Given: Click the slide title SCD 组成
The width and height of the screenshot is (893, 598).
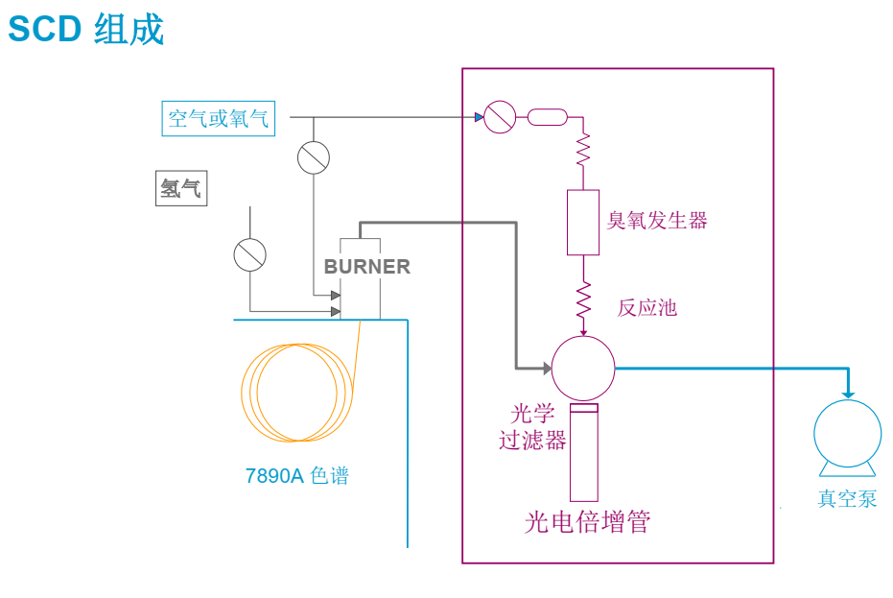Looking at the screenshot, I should point(86,30).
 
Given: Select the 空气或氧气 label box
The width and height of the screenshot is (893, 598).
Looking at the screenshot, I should point(219,119).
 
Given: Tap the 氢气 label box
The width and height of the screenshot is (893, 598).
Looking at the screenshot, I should point(180,188).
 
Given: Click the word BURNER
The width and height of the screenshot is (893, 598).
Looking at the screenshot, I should point(367,267).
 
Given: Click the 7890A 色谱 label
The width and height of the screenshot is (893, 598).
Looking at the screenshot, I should point(297,475).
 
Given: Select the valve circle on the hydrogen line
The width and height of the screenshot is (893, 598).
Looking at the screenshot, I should point(249,254).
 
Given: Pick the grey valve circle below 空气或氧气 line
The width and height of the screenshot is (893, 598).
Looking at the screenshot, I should point(314,157).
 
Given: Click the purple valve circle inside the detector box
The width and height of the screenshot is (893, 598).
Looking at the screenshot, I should point(500,118).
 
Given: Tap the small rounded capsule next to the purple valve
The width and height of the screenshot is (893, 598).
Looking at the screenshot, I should point(547,118).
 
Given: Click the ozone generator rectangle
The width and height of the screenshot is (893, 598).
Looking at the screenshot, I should point(583,222).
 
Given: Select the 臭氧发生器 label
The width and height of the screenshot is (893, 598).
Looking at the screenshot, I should point(657,221).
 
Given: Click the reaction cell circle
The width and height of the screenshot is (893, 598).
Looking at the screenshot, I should point(583,369).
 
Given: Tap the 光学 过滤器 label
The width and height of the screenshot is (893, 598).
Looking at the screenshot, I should point(532,427).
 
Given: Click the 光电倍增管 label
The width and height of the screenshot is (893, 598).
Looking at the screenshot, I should point(587,522).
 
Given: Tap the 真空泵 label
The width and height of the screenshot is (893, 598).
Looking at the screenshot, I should point(847,498).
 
